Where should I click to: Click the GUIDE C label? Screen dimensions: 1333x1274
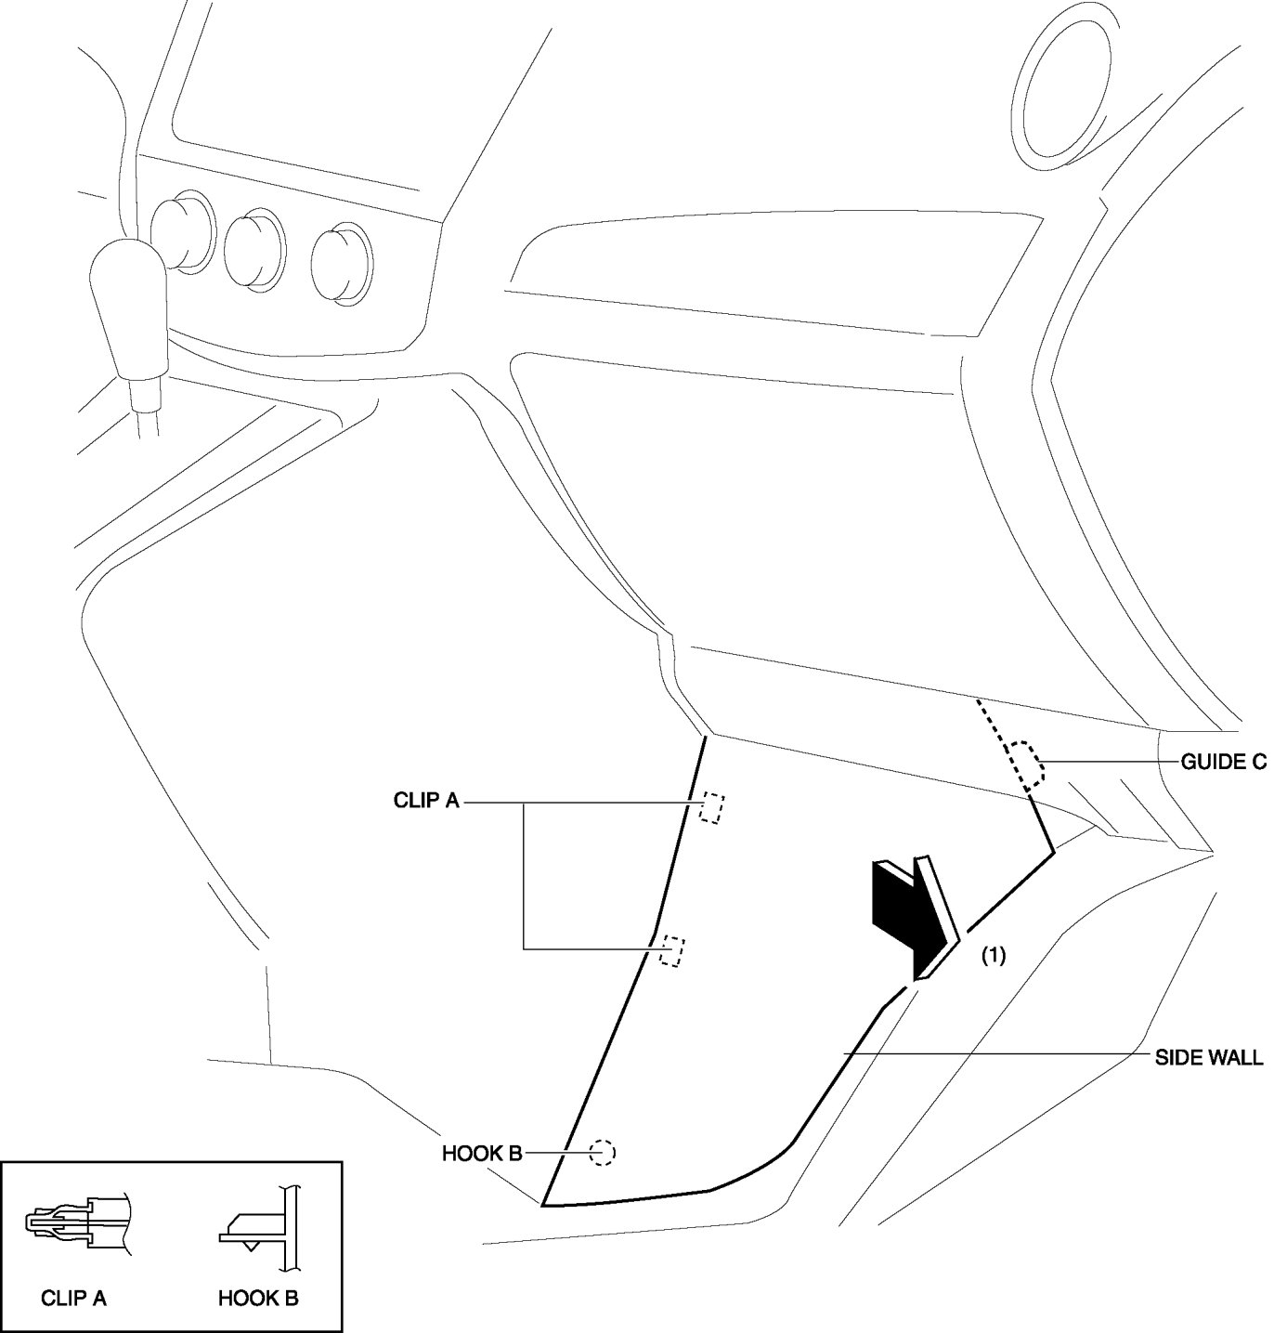coord(1222,763)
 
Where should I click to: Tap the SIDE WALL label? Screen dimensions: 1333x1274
coord(1208,1057)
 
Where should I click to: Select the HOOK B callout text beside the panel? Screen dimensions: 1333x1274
coord(481,1154)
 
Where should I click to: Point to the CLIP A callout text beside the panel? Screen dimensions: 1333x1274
coord(426,801)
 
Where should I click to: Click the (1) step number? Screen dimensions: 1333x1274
coord(994,955)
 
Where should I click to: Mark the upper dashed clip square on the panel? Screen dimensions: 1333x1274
coord(711,807)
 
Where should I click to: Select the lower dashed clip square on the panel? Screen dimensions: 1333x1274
coord(671,951)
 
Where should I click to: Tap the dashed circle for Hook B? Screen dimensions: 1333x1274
coord(602,1153)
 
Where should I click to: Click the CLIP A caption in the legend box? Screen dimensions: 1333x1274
coord(73,1298)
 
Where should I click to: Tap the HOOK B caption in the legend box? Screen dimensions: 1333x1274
coord(258,1298)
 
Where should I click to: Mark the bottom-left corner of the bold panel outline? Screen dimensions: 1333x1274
coord(543,1206)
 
